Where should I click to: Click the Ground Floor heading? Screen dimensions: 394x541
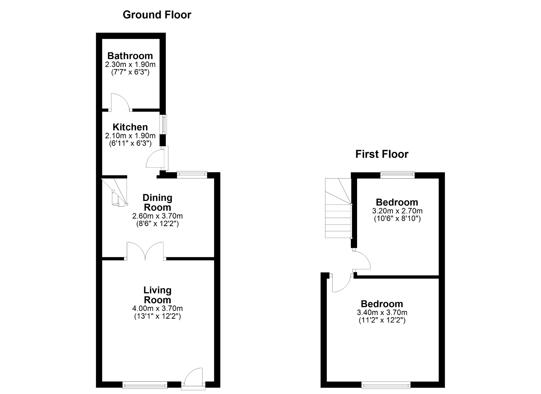(157, 15)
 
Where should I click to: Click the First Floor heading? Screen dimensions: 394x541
(382, 154)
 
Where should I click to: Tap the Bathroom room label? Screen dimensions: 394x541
(130, 56)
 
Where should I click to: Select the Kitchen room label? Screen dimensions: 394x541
(130, 127)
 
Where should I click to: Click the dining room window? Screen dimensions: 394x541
(192, 175)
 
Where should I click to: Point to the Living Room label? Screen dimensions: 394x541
(157, 295)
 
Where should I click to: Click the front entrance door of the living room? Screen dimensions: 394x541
(193, 378)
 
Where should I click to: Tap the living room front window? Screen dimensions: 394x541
(145, 385)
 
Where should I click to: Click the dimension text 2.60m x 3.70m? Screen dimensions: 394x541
(157, 216)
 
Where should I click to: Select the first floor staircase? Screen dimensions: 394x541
(338, 209)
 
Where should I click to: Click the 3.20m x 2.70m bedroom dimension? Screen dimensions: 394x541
(397, 211)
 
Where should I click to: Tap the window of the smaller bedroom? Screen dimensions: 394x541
(397, 175)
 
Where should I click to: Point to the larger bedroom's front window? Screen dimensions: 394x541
(386, 385)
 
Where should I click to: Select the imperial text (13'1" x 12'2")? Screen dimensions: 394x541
(157, 316)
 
